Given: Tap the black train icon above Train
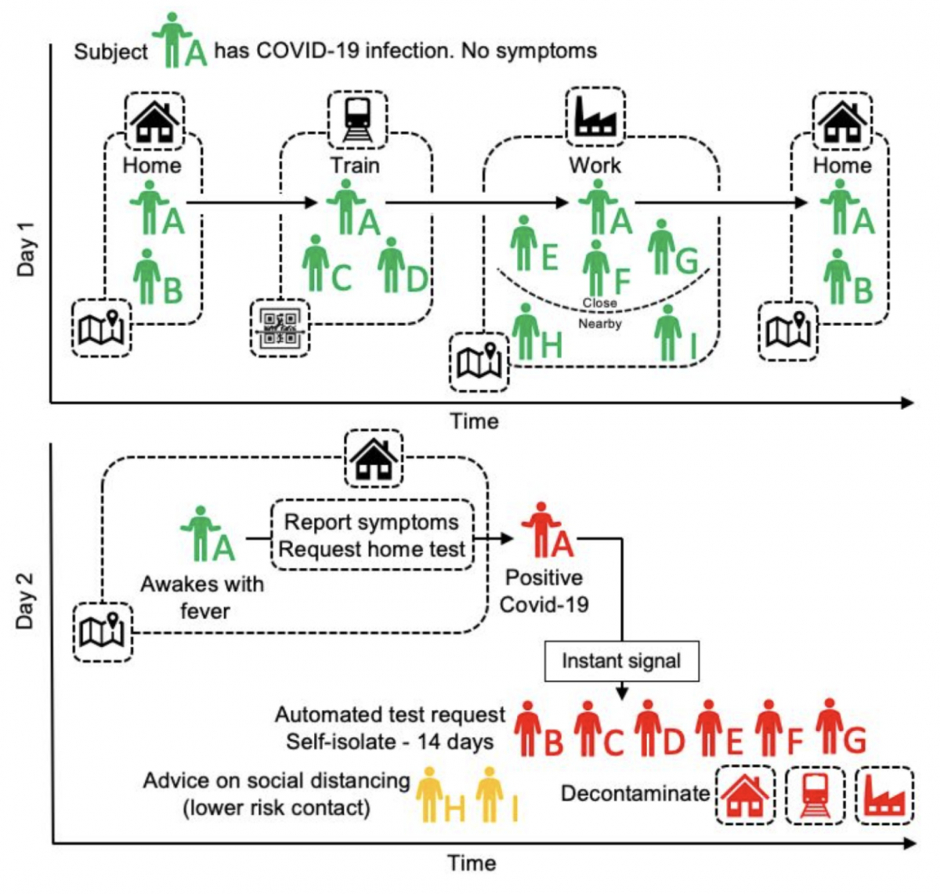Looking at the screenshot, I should click(x=356, y=119).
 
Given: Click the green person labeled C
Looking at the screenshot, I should click(x=316, y=262).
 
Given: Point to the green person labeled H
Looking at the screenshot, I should click(x=526, y=331).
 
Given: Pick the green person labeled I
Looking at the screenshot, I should click(x=667, y=332).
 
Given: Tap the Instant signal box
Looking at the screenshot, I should click(x=621, y=661).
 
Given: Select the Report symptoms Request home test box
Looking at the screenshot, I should click(x=373, y=535).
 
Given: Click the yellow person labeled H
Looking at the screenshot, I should click(x=429, y=794).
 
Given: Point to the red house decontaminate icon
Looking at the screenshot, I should click(x=745, y=794).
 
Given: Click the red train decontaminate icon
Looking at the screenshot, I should click(x=815, y=794).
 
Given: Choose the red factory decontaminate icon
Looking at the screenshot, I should click(x=884, y=794).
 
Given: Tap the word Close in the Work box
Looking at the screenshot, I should click(x=599, y=302).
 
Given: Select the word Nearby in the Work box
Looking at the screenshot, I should click(x=600, y=323).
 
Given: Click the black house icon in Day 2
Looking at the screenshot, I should click(x=374, y=458).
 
